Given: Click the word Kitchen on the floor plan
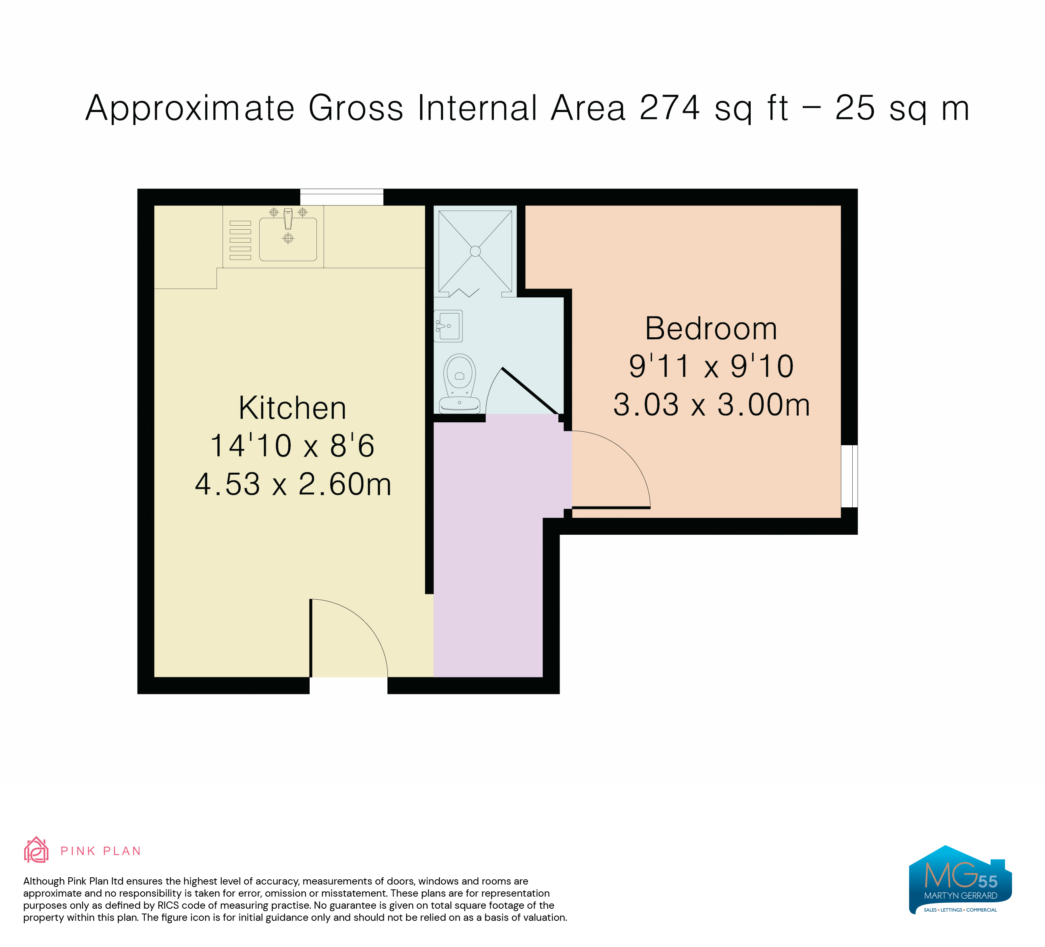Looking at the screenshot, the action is click(x=292, y=408).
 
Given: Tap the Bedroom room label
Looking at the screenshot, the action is click(x=711, y=328).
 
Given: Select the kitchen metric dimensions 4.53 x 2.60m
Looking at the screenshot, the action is click(x=293, y=484).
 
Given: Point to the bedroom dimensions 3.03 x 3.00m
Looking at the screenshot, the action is click(x=711, y=405).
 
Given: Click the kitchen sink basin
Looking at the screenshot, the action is click(x=288, y=239).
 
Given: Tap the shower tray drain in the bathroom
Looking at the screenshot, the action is click(x=475, y=251).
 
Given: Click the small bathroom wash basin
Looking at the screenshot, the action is click(x=449, y=325).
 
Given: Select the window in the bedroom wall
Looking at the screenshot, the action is click(x=849, y=476).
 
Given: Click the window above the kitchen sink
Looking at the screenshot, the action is click(x=341, y=197).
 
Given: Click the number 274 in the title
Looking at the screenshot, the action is click(x=670, y=108).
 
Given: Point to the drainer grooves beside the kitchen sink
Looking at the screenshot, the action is click(x=240, y=240).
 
